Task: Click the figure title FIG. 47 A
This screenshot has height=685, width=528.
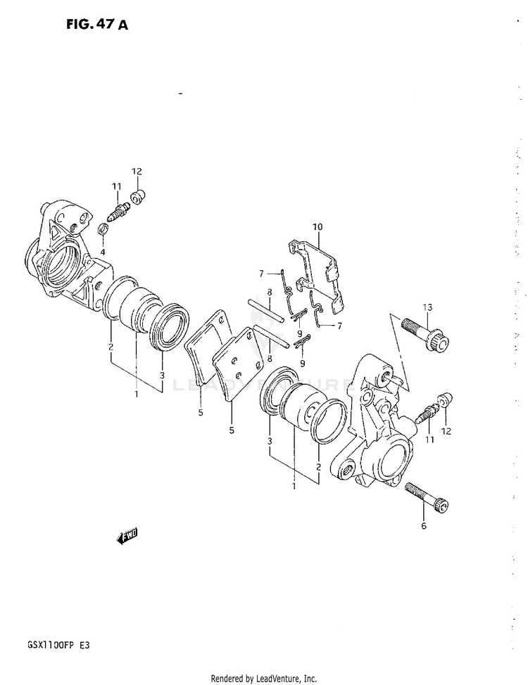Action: [97, 25]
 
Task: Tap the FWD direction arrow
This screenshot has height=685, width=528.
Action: [127, 536]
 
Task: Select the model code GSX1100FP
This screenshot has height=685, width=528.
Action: [44, 645]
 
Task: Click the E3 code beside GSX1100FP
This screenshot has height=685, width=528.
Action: [84, 645]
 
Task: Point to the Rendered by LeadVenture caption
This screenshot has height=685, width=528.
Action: [264, 679]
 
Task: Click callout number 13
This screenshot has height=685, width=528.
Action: [427, 307]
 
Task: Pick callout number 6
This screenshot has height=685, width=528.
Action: [423, 526]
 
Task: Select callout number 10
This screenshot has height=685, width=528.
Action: [317, 226]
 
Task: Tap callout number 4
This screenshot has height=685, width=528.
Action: [102, 252]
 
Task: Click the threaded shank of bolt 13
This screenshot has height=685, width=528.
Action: [414, 330]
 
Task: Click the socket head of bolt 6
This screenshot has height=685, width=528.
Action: [441, 506]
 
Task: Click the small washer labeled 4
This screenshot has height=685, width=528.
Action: [103, 229]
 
